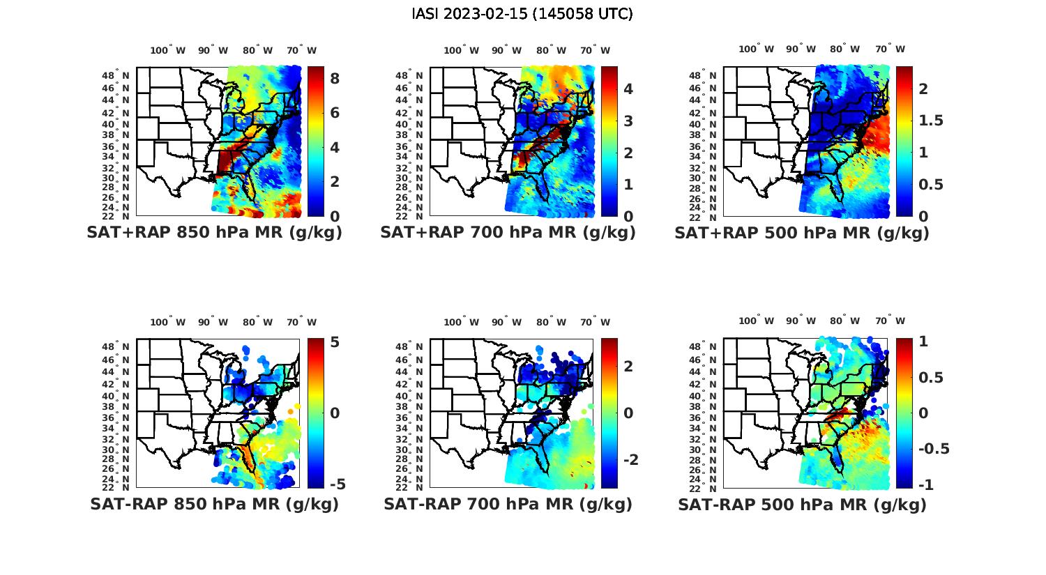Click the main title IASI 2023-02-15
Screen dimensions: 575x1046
pos(522,14)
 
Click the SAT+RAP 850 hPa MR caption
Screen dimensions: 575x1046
pos(214,233)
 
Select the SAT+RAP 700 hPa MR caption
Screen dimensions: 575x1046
pos(508,233)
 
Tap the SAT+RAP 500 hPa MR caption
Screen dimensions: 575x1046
pos(802,233)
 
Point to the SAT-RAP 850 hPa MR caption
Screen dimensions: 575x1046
pos(214,504)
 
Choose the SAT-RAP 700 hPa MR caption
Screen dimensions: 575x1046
pos(508,504)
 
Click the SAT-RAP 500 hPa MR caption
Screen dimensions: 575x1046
pos(802,504)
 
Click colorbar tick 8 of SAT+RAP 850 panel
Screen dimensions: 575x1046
pos(335,79)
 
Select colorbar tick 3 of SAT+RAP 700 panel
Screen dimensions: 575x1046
pos(628,121)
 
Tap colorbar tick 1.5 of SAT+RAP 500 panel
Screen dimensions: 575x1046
pos(931,121)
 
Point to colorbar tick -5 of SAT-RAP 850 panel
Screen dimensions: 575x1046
pos(336,484)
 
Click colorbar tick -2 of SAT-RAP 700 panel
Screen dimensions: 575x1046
pos(630,460)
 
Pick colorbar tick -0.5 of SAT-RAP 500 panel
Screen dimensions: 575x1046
pos(933,448)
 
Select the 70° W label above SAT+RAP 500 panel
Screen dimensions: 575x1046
pos(890,49)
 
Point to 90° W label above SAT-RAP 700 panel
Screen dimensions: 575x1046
pos(506,322)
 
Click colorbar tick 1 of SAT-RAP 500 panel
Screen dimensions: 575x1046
pos(924,342)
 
